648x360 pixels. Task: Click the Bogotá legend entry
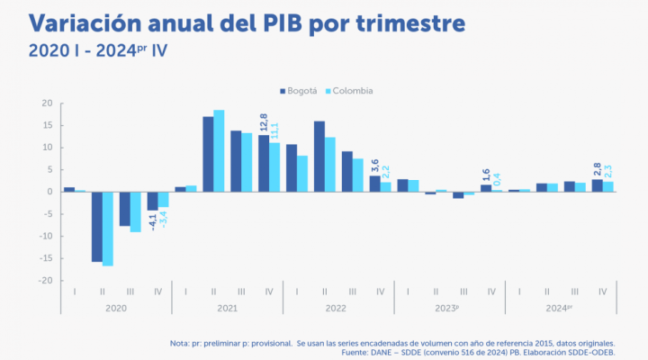(298, 91)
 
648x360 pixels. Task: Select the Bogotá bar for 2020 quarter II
(96, 226)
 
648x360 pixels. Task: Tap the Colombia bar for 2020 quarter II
(108, 229)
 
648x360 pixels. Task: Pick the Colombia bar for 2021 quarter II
(219, 150)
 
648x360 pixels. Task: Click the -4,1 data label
(152, 221)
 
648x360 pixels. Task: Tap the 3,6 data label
(375, 164)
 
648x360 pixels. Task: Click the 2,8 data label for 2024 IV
(597, 167)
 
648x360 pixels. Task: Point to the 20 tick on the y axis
(48, 103)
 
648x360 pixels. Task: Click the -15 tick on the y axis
(45, 258)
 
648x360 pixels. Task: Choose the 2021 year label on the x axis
(227, 307)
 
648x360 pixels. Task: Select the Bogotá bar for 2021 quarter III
(236, 161)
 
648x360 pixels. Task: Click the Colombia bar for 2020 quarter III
(136, 211)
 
